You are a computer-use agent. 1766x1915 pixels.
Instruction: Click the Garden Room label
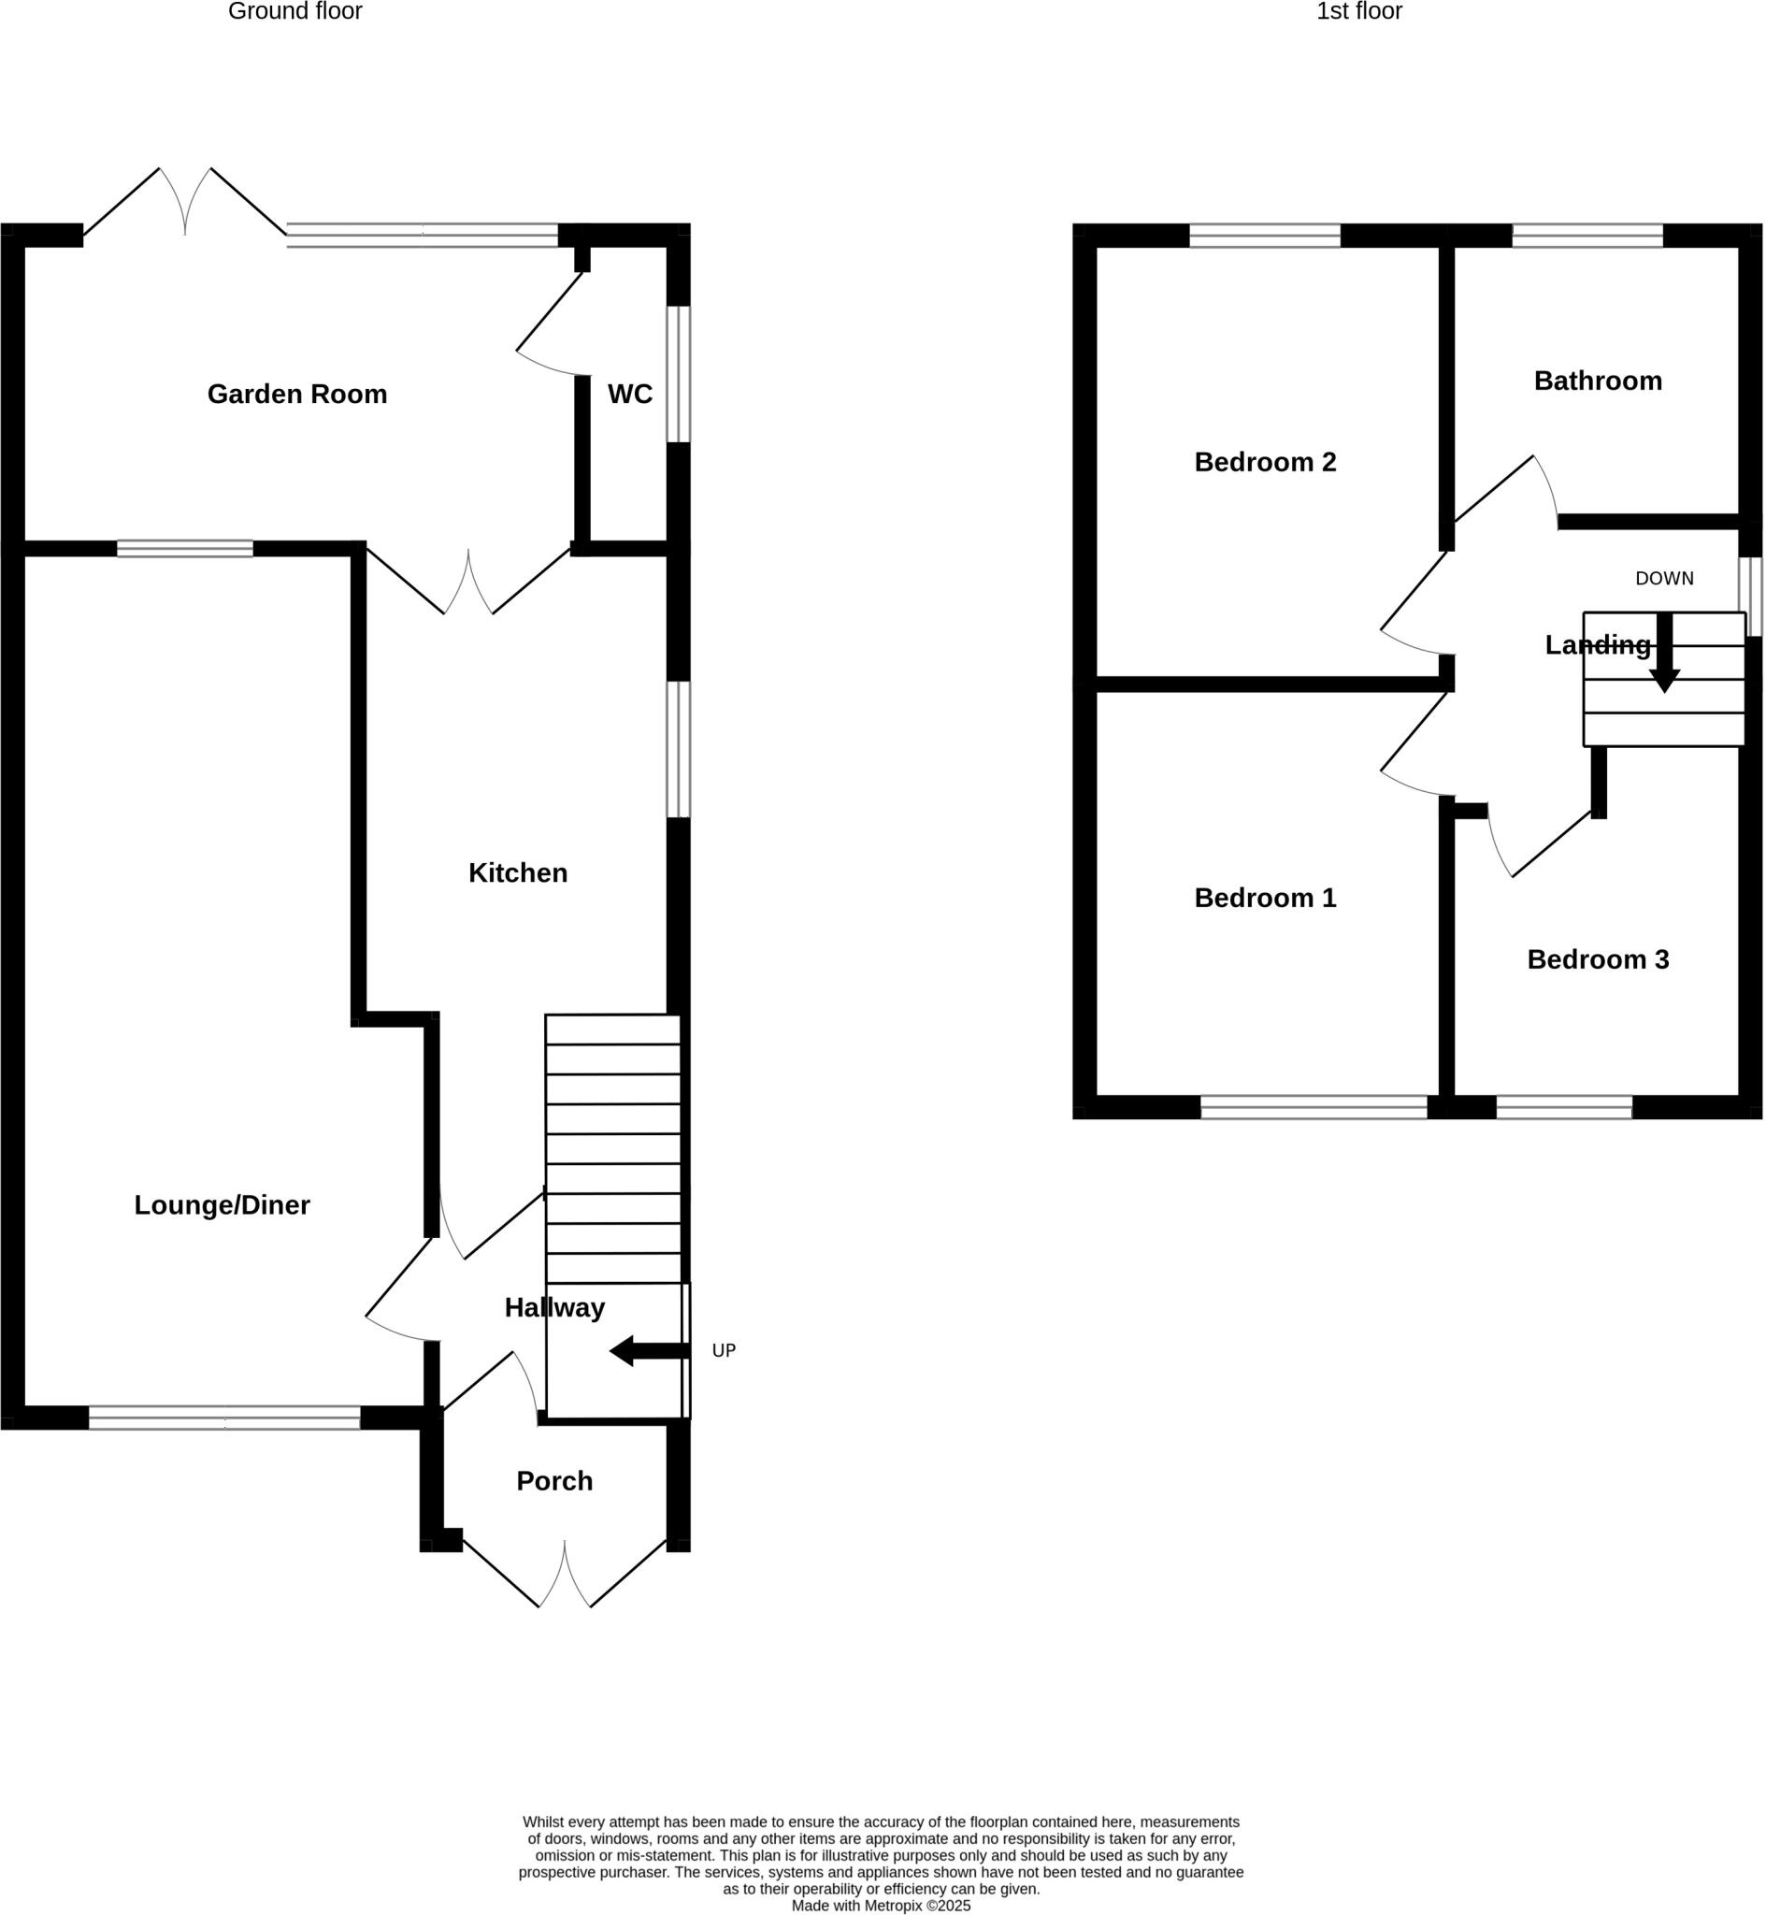click(x=297, y=395)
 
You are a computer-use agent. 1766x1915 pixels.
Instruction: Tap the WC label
click(x=630, y=394)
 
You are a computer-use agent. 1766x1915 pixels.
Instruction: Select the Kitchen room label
click(x=518, y=872)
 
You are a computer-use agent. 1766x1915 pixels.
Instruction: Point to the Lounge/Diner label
click(x=222, y=1205)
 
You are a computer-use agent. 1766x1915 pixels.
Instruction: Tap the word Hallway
click(x=554, y=1307)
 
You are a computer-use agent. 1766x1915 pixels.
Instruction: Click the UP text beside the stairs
click(x=724, y=1350)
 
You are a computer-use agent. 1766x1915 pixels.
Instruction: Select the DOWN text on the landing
click(x=1664, y=578)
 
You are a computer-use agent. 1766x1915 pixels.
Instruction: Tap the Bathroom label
click(x=1598, y=382)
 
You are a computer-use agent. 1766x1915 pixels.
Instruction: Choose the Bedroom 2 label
click(x=1265, y=463)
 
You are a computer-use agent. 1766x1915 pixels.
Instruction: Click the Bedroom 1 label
click(x=1265, y=899)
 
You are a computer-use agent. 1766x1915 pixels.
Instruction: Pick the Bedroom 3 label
click(x=1598, y=959)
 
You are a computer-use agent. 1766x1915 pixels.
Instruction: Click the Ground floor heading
click(x=295, y=11)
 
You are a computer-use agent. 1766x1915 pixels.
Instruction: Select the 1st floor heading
click(x=1359, y=11)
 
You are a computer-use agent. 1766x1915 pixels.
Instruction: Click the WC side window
click(x=678, y=374)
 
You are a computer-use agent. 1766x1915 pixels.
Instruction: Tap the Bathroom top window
click(x=1587, y=235)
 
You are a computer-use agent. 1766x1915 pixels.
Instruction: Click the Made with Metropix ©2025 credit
click(x=880, y=1906)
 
